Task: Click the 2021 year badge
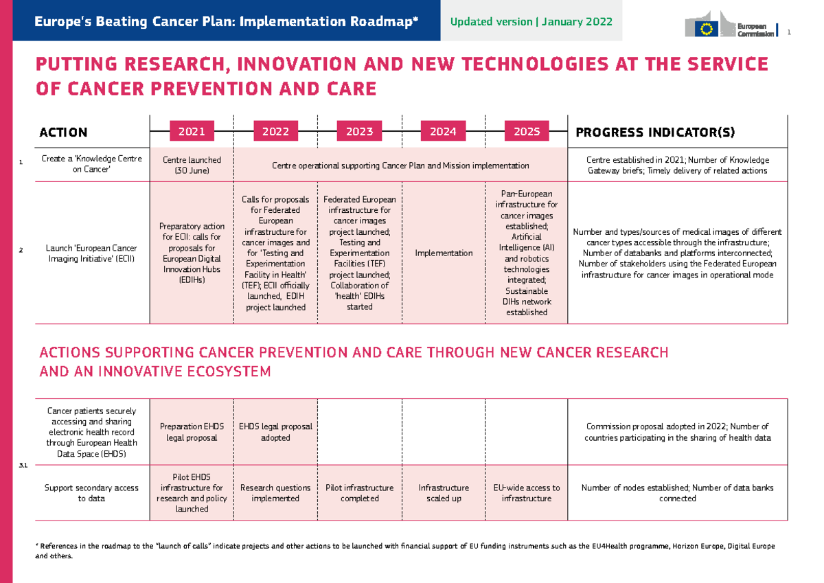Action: point(192,131)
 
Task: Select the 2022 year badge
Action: point(275,131)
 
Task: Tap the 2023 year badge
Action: point(359,131)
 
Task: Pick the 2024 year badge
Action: point(443,131)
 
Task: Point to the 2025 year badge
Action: point(527,131)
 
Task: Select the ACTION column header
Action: point(63,132)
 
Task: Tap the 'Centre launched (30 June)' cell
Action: point(192,165)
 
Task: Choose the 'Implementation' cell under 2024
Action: point(444,253)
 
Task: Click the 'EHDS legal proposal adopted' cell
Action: point(275,432)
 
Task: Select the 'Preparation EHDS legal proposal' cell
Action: point(192,432)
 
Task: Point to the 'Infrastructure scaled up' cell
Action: point(444,493)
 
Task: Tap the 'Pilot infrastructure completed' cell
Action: point(359,493)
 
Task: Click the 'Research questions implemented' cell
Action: point(275,493)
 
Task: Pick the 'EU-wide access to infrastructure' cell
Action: point(527,493)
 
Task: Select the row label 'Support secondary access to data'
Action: point(91,493)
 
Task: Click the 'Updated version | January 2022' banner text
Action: point(531,21)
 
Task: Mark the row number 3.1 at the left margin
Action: point(23,466)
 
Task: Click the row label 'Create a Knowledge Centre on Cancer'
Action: point(91,165)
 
